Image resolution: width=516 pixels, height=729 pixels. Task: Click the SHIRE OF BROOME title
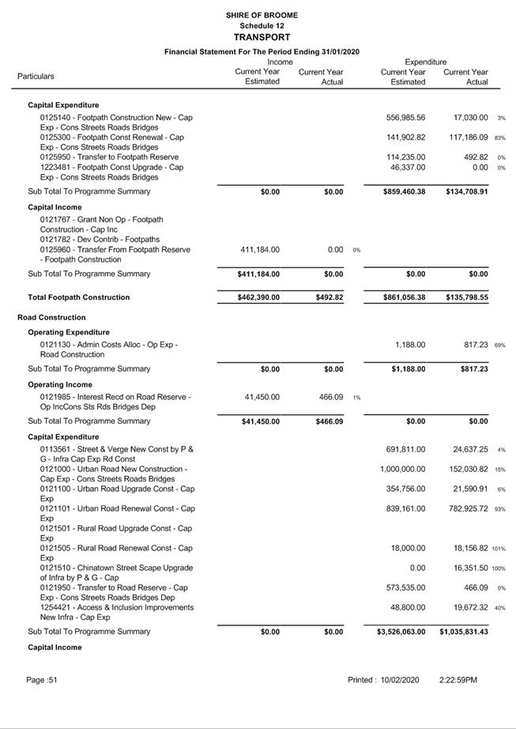[x=262, y=15]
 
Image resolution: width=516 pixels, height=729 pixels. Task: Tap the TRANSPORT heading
[x=262, y=37]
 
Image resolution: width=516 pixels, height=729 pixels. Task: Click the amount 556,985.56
[x=405, y=118]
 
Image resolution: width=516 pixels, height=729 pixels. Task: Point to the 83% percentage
[x=501, y=138]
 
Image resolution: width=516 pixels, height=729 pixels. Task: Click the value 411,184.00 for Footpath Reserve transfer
[x=259, y=250]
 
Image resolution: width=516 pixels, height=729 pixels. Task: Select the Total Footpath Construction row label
[x=79, y=297]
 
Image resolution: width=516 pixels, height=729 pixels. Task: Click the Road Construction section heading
[x=51, y=317]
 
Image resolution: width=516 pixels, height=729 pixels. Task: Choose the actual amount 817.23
[x=473, y=345]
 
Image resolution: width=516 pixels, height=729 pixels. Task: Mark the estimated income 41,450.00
[x=259, y=397]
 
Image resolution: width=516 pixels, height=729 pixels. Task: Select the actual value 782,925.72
[x=465, y=509]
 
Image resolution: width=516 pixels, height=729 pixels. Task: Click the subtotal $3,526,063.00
[x=401, y=632]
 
